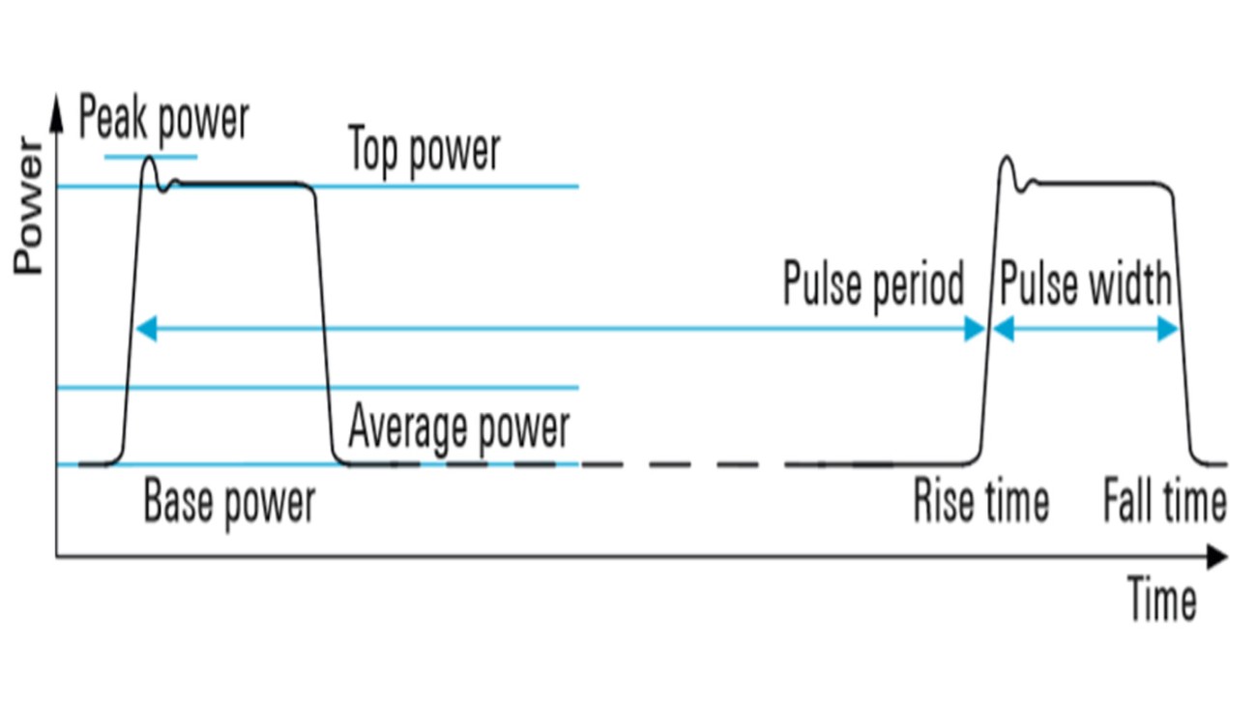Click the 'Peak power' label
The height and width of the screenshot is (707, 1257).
164,119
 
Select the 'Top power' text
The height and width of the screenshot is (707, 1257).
424,151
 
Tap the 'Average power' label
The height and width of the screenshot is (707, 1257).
458,427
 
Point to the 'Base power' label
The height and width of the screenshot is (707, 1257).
229,503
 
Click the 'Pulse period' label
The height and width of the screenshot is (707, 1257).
873,285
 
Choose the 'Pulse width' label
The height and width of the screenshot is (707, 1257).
1085,285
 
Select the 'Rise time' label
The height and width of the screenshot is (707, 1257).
980,503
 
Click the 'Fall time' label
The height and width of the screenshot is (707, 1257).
1165,503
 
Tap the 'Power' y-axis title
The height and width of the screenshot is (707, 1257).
29,206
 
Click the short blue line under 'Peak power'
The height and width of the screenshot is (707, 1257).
151,156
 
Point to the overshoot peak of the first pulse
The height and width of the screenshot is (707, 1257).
150,159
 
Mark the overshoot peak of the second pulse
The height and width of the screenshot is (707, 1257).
1007,159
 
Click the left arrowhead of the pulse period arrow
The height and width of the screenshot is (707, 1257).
145,330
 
